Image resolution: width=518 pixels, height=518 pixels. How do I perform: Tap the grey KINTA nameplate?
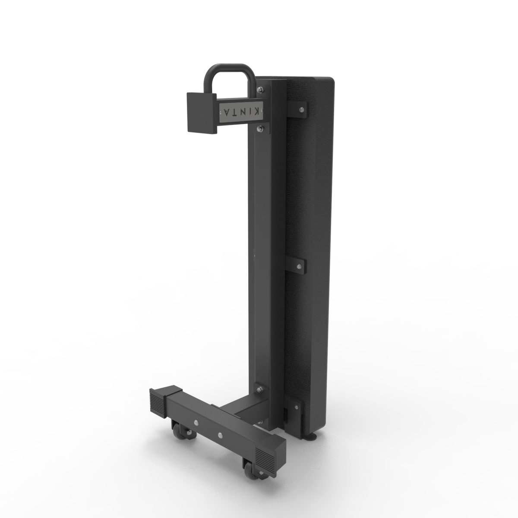240,112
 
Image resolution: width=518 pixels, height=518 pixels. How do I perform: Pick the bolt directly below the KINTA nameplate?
260,128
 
